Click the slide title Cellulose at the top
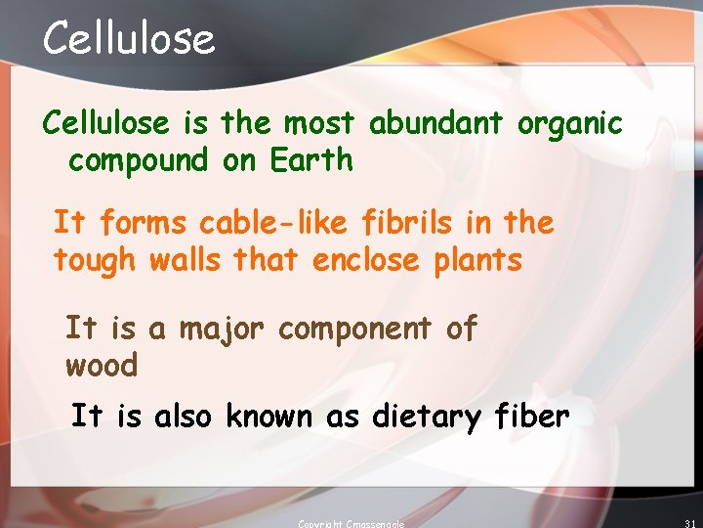coord(128,39)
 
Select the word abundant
coord(435,124)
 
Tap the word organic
coord(569,125)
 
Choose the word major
coord(223,330)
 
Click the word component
coord(353,330)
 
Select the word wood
coord(102,366)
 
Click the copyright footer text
coord(351,523)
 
